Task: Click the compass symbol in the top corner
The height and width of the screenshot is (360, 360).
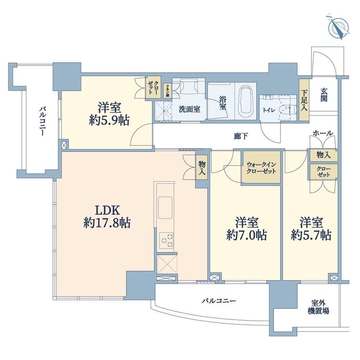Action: pos(338,27)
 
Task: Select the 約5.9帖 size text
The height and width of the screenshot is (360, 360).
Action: pos(109,120)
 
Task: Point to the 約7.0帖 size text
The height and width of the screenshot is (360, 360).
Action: pos(247,235)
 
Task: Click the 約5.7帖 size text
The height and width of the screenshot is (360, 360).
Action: pos(311,235)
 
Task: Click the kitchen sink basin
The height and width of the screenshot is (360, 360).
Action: pos(165,208)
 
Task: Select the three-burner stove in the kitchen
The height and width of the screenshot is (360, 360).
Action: pos(166,240)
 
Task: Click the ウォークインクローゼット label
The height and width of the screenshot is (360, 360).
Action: pos(261,168)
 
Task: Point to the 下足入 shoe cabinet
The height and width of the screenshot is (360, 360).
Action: pos(304,100)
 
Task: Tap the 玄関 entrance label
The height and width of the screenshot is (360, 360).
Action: pos(324,95)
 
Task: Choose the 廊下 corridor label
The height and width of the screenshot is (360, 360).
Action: pos(241,137)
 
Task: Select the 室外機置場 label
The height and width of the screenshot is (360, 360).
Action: pos(318,307)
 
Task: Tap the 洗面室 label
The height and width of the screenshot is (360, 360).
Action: pos(189,109)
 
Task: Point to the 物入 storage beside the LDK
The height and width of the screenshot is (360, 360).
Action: pos(202,168)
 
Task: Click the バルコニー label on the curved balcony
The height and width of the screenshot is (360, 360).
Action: pos(219,301)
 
